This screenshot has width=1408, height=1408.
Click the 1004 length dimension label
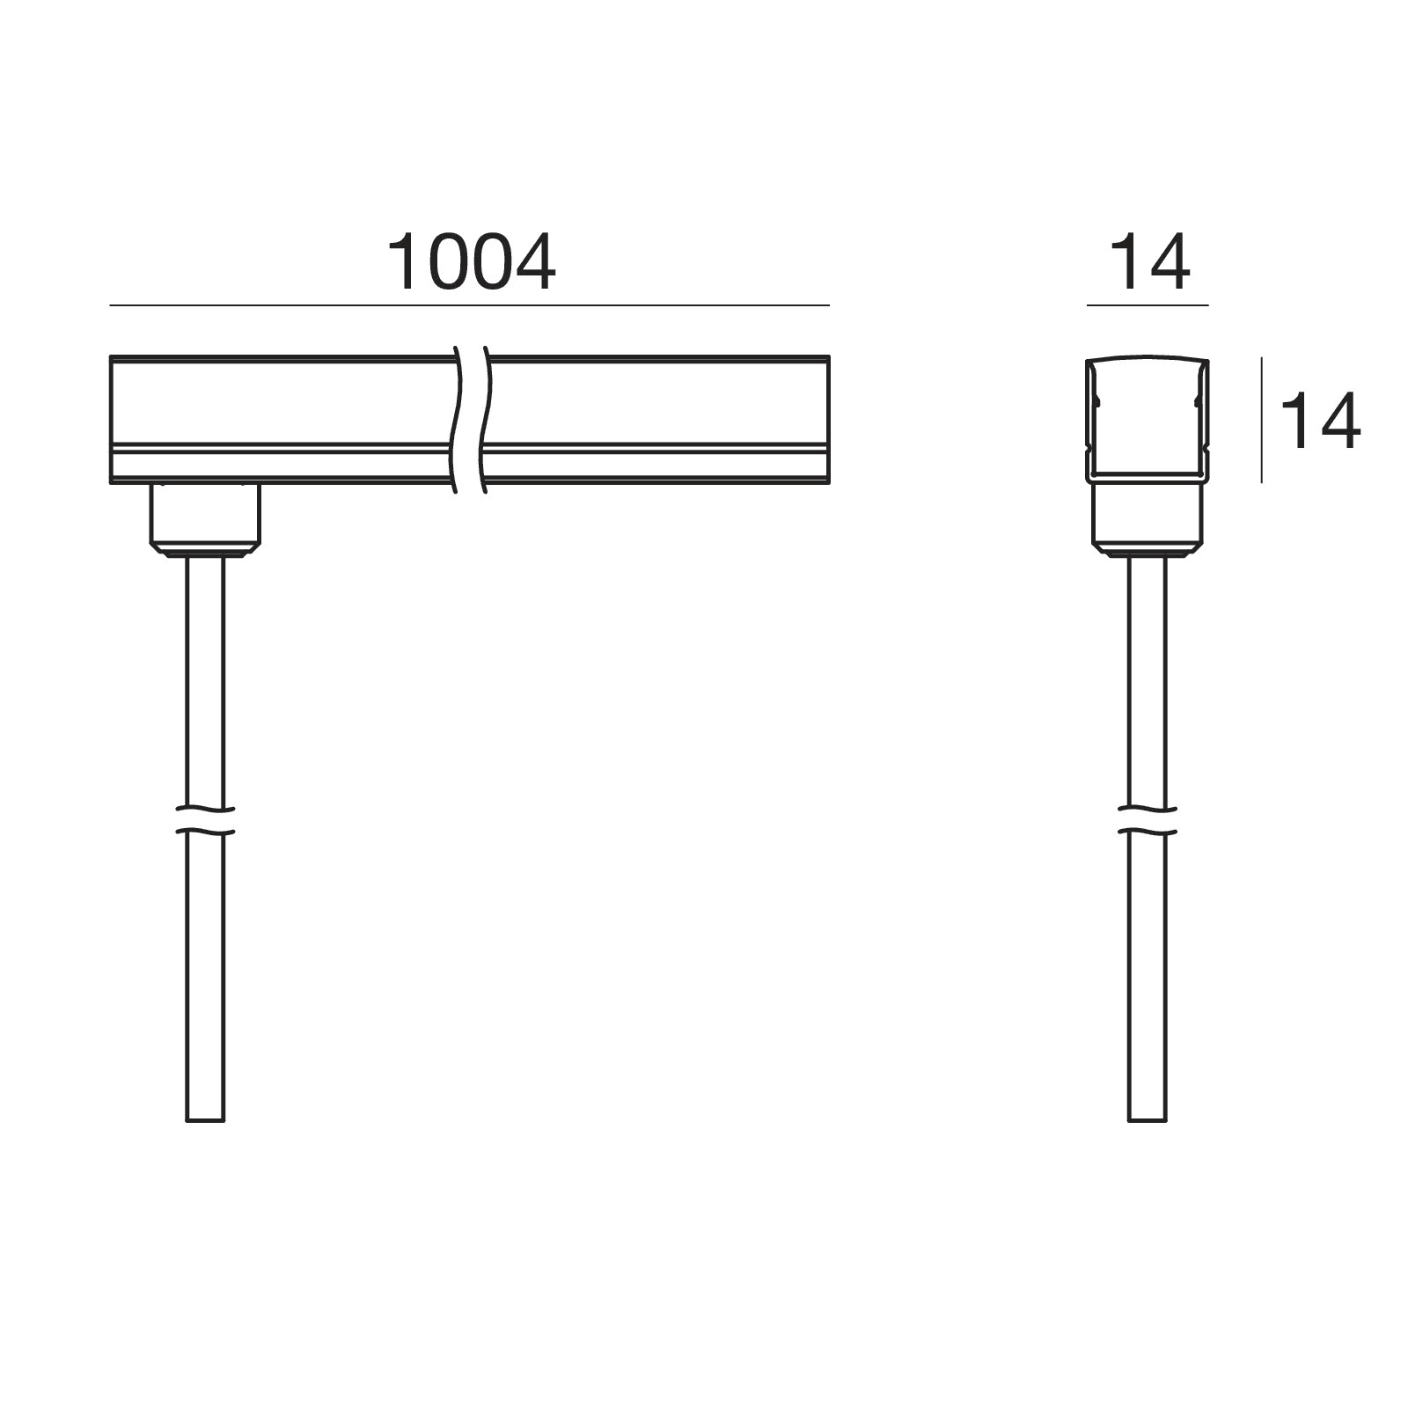click(x=471, y=263)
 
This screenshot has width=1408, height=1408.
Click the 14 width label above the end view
click(x=1149, y=263)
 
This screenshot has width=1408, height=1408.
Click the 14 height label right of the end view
click(x=1320, y=422)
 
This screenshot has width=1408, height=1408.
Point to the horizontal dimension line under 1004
click(x=469, y=305)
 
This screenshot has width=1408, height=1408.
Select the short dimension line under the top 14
click(x=1148, y=305)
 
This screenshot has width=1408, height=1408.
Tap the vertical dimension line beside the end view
click(x=1262, y=420)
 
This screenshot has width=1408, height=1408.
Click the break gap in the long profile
click(x=471, y=420)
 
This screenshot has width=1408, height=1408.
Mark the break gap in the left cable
click(x=205, y=819)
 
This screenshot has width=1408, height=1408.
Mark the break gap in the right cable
click(x=1148, y=819)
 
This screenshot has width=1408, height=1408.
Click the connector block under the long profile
click(x=205, y=519)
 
